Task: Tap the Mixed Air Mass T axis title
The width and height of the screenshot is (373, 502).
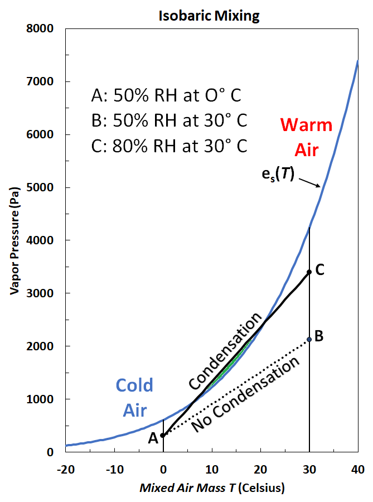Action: click(212, 488)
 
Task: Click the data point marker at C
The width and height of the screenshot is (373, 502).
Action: click(309, 272)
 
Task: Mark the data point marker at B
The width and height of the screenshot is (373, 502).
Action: click(309, 339)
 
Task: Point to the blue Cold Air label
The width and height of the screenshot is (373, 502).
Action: click(134, 397)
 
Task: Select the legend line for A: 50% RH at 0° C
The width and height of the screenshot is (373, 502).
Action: click(166, 96)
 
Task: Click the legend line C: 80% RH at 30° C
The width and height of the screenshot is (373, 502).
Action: click(169, 146)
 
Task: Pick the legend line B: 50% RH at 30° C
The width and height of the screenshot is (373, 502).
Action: click(169, 121)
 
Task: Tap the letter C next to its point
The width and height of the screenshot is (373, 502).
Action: click(320, 269)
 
